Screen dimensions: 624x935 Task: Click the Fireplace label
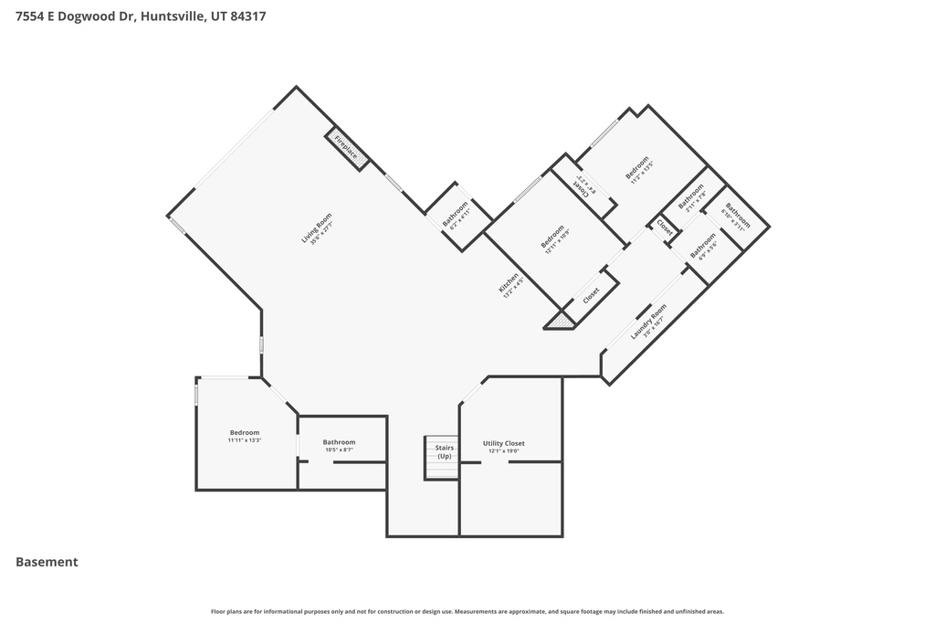coord(347,148)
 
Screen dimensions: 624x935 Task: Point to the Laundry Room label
coord(648,323)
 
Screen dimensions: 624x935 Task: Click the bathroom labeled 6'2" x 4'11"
coord(456,215)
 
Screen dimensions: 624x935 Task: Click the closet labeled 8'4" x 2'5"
coord(582,187)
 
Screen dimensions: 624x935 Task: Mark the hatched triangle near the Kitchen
coord(561,321)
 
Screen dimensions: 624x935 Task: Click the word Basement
coord(47,563)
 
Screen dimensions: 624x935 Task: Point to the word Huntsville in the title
coord(173,16)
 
